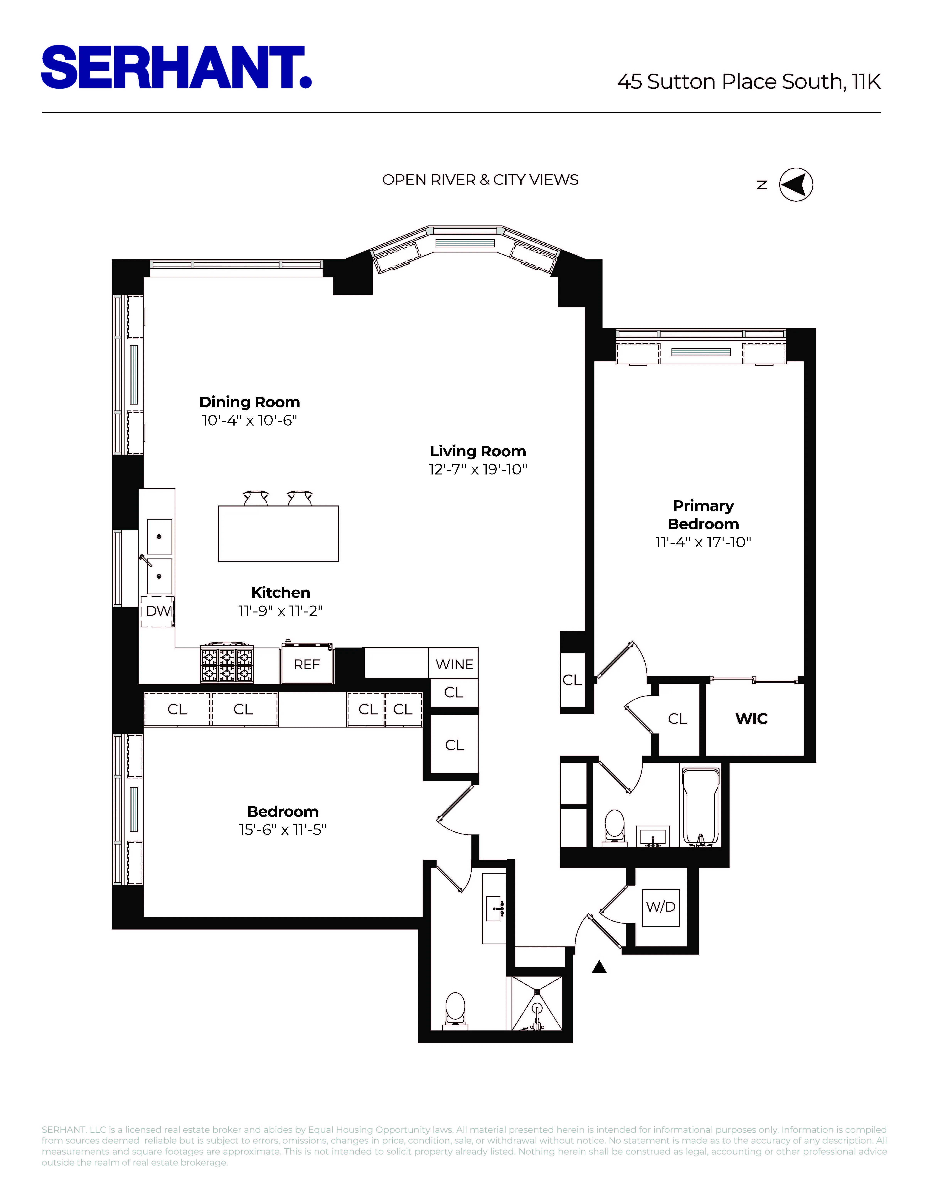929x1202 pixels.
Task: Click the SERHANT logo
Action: tap(176, 67)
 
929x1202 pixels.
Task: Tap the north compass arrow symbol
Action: tap(796, 184)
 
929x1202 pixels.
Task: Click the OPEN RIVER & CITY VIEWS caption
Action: tap(480, 180)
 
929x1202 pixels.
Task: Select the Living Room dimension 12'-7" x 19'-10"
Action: tap(478, 469)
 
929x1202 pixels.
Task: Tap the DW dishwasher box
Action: tap(158, 611)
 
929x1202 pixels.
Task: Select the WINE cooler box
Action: tap(454, 664)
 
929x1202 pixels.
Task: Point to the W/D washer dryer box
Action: tap(661, 907)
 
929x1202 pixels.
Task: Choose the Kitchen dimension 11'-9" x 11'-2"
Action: tap(280, 611)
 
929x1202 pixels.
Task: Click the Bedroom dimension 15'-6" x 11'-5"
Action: tap(282, 830)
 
